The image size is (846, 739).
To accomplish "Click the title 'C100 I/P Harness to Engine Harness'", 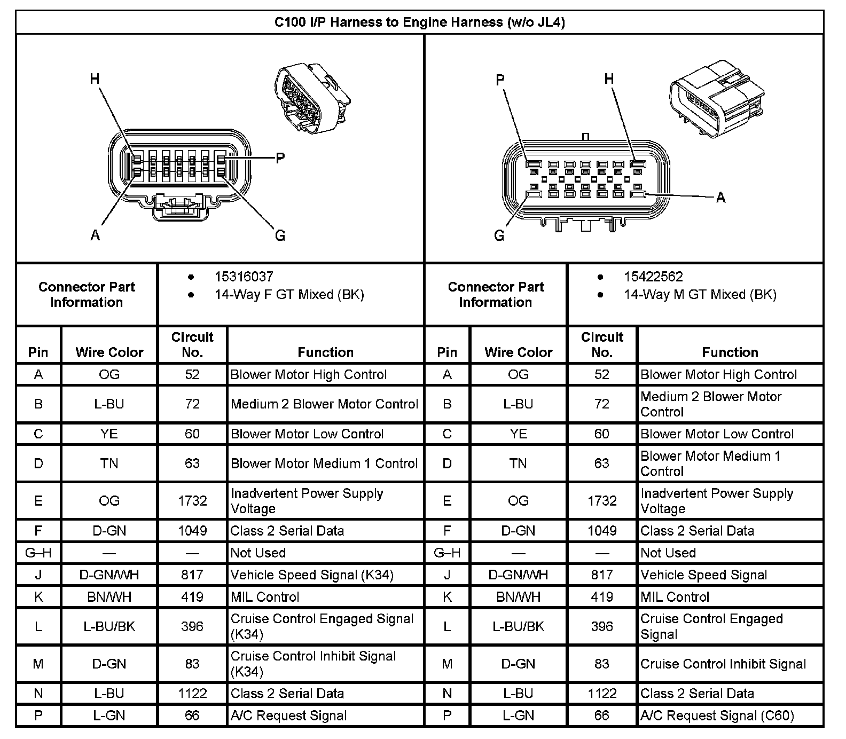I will pos(419,22).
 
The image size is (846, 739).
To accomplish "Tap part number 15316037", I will pos(244,277).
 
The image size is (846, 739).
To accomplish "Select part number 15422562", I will pos(653,277).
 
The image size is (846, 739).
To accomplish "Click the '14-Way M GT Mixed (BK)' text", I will pos(700,295).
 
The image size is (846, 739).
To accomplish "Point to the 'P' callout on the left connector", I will pos(280,158).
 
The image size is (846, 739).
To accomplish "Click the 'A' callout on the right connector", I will pos(720,198).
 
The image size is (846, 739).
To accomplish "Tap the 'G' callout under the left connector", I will pos(280,235).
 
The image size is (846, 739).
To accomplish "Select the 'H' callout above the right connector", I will pos(609,80).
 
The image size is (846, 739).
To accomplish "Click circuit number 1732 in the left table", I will pos(192,501).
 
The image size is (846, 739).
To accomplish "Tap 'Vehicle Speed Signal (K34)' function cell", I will pos(312,575).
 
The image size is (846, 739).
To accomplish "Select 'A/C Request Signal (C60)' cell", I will pos(717,716).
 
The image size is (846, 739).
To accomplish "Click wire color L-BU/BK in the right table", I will pos(518,626).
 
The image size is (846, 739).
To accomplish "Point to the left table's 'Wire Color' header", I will pos(109,352).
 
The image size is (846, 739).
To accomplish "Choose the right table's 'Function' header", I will pos(730,352).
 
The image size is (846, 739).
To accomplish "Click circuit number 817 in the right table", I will pos(602,575).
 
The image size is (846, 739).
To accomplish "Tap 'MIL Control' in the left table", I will pos(265,597).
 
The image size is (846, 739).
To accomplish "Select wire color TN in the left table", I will pos(109,463).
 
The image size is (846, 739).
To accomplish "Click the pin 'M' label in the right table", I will pos(447,664).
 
